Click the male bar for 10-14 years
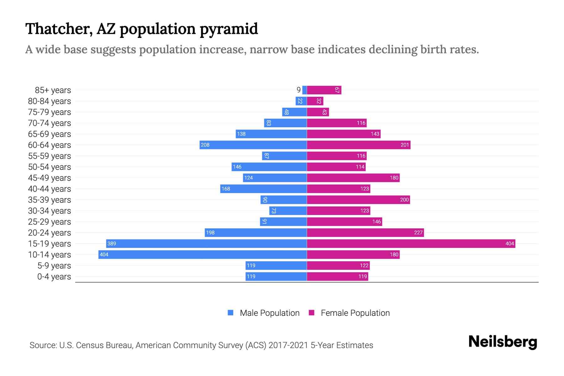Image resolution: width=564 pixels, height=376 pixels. coord(202,254)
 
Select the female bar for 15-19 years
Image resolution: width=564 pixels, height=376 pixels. coord(411,243)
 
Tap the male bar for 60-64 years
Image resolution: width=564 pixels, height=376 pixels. coord(253,145)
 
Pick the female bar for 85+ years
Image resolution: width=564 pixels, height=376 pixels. coord(324,90)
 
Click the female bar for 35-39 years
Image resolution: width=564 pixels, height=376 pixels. coord(358,200)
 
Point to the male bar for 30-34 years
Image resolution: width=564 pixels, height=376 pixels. coord(288,211)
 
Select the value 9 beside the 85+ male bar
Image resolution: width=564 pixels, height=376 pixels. coord(299,90)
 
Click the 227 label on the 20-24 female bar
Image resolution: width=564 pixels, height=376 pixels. coord(418,232)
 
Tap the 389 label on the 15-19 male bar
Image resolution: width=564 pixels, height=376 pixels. coord(112,243)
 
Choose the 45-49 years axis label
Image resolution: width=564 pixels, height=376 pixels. coord(50,178)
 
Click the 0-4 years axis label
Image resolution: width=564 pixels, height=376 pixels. coord(54,276)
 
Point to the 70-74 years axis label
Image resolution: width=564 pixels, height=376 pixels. coord(50,123)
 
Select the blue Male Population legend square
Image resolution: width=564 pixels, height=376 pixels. coord(231,313)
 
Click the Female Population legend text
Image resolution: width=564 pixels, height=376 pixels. coord(355,313)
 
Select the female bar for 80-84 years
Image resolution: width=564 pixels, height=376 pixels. coord(315,101)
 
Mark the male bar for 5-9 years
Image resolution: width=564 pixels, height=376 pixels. coord(276,265)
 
